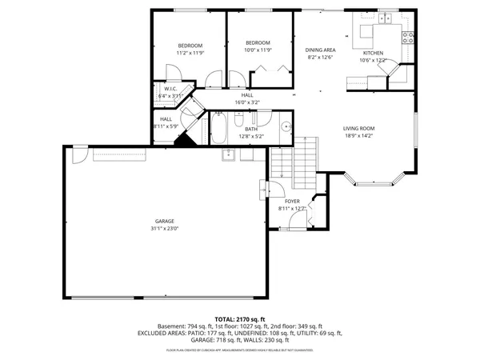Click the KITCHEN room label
[x=374, y=53]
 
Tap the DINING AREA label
[x=320, y=50]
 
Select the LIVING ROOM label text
[x=359, y=128]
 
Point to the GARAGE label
[x=165, y=221]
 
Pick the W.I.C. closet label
[x=170, y=89]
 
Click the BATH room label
[x=251, y=129]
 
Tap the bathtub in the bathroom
[x=220, y=130]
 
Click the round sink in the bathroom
[x=285, y=126]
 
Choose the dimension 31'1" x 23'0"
[x=165, y=229]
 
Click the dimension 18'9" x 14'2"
[x=359, y=136]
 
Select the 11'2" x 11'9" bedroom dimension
[x=190, y=53]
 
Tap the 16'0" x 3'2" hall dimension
[x=247, y=102]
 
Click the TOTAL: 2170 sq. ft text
[x=239, y=318]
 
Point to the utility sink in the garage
[x=227, y=154]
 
